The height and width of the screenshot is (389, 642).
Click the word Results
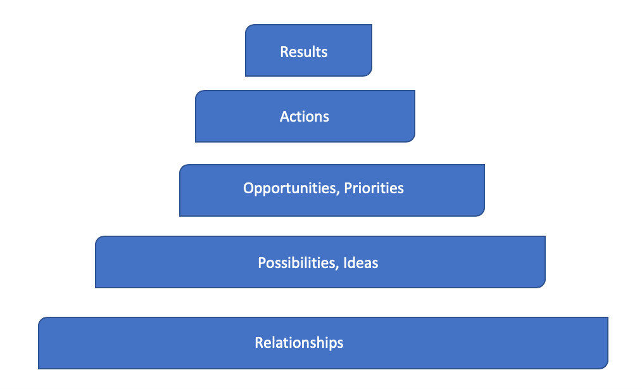pyautogui.click(x=304, y=52)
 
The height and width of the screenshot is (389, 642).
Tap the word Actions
pyautogui.click(x=304, y=117)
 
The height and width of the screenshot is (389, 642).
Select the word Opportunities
pyautogui.click(x=290, y=189)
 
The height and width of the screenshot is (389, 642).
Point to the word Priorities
pyautogui.click(x=374, y=188)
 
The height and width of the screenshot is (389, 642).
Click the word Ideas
pyautogui.click(x=361, y=263)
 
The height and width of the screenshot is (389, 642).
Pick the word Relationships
pyautogui.click(x=299, y=343)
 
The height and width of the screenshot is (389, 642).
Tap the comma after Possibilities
pyautogui.click(x=337, y=267)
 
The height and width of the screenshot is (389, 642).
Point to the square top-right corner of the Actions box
pyautogui.click(x=415, y=91)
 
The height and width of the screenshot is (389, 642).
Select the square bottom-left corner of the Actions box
pyautogui.click(x=196, y=142)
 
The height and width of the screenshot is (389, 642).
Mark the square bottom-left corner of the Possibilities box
pyautogui.click(x=96, y=288)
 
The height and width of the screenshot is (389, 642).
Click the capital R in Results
pyautogui.click(x=284, y=52)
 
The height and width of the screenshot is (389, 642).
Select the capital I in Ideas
pyautogui.click(x=345, y=263)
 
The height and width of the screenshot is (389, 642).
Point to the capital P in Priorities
pyautogui.click(x=348, y=188)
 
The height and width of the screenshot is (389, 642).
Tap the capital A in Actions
pyautogui.click(x=285, y=117)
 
